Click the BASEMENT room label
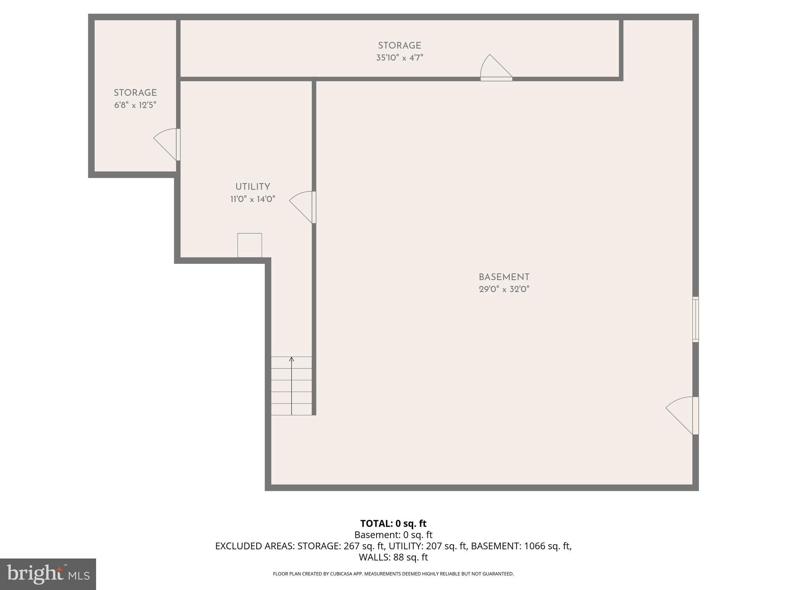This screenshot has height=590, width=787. [x=504, y=277]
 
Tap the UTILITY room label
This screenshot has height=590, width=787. [x=252, y=187]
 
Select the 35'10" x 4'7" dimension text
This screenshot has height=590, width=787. [x=400, y=58]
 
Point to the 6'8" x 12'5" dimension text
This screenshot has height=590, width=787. [x=135, y=105]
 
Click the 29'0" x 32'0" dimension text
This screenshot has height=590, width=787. [x=504, y=289]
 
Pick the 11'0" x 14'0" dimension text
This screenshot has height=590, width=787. [x=252, y=199]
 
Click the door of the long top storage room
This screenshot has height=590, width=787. [x=496, y=68]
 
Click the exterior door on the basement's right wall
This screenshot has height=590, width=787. [x=682, y=415]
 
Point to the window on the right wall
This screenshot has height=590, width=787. [x=696, y=319]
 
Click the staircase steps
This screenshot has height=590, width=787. [x=291, y=386]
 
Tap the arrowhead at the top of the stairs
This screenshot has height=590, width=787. [x=291, y=359]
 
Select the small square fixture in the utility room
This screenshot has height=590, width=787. [x=250, y=245]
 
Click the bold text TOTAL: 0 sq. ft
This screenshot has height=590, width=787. [x=393, y=524]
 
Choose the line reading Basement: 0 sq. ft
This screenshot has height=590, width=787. [x=393, y=535]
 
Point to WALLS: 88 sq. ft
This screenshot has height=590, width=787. [x=393, y=557]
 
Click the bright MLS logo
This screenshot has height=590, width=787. [x=48, y=574]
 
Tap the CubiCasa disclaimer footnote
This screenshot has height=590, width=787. [x=393, y=574]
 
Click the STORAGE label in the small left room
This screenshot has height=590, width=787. [x=135, y=93]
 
